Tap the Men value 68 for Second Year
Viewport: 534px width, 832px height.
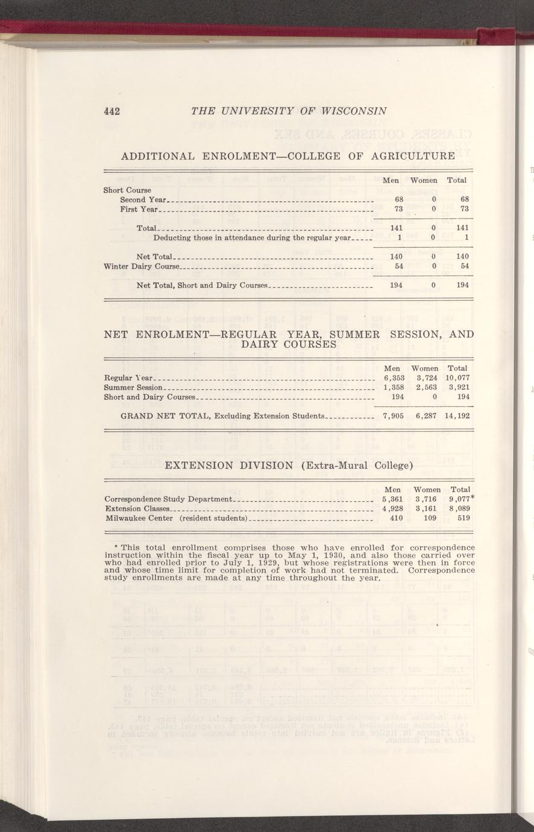pos(399,200)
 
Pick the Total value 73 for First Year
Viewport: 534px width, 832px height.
pos(465,209)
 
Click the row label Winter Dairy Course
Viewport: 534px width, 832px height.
pos(142,266)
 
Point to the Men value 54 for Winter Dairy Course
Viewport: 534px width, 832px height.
pos(398,266)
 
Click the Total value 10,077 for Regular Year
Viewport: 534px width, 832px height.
pos(458,378)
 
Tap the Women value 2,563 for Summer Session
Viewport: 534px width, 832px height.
pos(426,387)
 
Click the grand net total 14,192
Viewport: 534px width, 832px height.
pos(457,415)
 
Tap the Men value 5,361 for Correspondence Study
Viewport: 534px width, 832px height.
pos(392,499)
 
